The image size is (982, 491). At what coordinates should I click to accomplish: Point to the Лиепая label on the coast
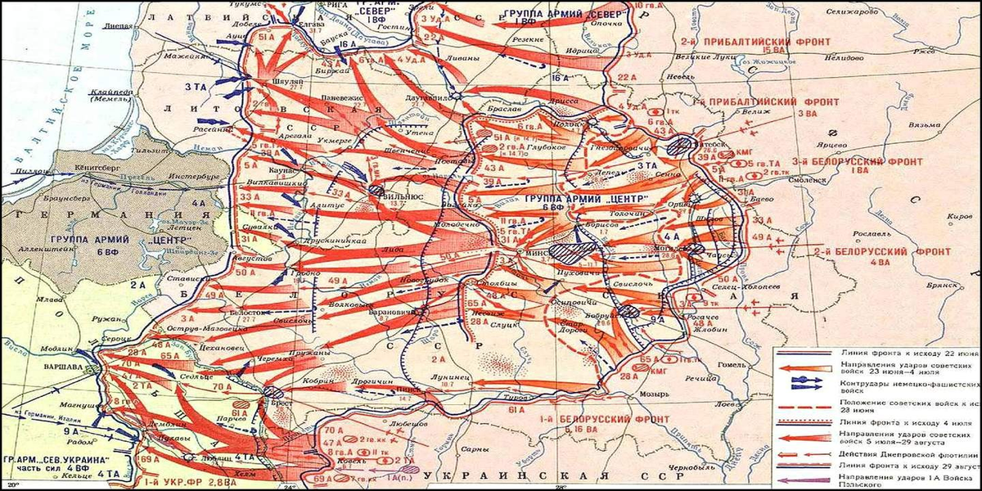(118, 27)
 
